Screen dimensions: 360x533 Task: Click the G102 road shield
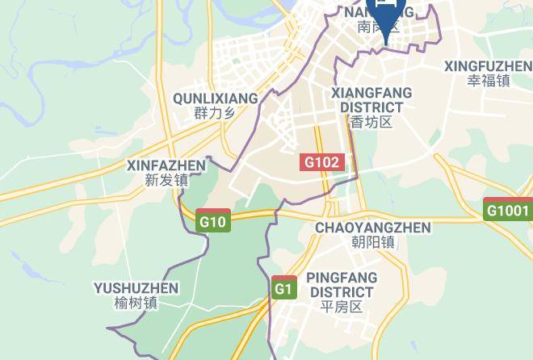click(322, 162)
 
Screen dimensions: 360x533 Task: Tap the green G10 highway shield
click(214, 220)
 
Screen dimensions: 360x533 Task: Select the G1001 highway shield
click(508, 211)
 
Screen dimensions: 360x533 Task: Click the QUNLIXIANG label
click(215, 98)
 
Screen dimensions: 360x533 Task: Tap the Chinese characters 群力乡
click(214, 114)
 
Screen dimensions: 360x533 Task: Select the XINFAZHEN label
click(166, 165)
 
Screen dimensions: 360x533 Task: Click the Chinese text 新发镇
click(166, 181)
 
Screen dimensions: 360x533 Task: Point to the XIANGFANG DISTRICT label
click(371, 100)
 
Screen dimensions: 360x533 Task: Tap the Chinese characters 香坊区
click(371, 122)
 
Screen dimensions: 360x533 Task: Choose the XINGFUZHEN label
click(488, 65)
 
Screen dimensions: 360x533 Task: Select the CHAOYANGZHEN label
click(372, 228)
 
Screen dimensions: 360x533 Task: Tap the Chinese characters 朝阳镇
click(372, 242)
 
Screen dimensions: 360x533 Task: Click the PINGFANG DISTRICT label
click(342, 284)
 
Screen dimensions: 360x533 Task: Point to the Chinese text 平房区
click(342, 307)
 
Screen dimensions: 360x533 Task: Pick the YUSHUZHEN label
click(136, 288)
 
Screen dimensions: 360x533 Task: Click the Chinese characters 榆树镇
click(136, 303)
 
